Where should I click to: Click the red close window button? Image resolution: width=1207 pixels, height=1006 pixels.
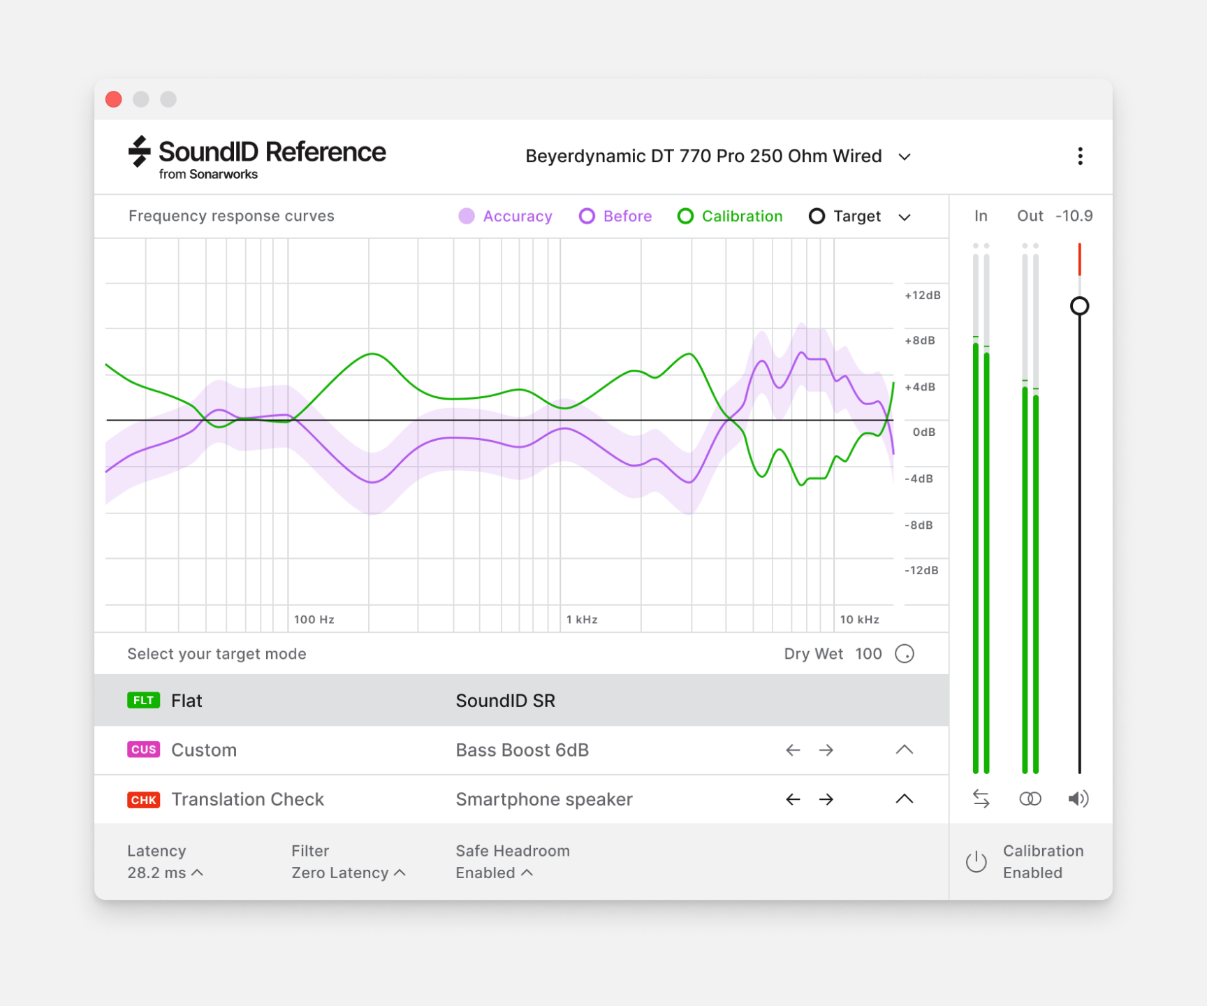click(114, 99)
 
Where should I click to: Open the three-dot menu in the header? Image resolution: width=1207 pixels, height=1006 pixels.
click(1080, 156)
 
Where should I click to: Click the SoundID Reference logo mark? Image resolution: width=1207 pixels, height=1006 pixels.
click(140, 152)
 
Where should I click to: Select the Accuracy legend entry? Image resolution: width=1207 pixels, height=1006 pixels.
click(505, 217)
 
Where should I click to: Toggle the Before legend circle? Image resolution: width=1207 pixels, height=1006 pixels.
click(587, 217)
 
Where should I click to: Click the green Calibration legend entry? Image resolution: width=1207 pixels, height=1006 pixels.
click(730, 217)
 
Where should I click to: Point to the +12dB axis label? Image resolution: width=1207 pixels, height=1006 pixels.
click(922, 296)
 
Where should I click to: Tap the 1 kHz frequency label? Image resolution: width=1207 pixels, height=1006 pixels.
click(581, 620)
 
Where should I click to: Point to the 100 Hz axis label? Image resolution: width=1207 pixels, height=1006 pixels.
click(314, 620)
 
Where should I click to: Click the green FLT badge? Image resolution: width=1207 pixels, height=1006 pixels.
click(143, 701)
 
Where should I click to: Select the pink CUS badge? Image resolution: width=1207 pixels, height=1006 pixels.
click(143, 750)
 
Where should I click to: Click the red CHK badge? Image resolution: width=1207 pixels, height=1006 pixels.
click(143, 799)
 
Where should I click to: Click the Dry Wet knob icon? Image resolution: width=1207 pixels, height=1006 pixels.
click(905, 654)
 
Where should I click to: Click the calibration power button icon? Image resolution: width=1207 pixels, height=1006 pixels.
click(976, 862)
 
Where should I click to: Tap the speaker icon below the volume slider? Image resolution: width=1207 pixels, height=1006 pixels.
click(1078, 799)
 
